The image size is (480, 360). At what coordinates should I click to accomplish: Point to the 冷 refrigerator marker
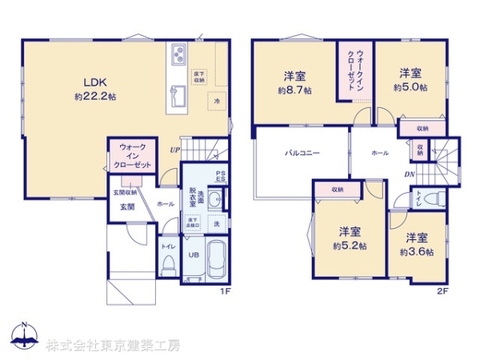pos(216,102)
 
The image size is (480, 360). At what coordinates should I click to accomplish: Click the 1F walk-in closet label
pos(132,154)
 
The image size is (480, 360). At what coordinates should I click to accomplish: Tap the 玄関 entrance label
pos(127,206)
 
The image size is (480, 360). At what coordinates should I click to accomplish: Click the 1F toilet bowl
pos(169,267)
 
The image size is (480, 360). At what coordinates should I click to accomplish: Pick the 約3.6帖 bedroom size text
pos(418,251)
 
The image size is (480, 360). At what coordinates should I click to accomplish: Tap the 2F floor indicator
pos(441,291)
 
